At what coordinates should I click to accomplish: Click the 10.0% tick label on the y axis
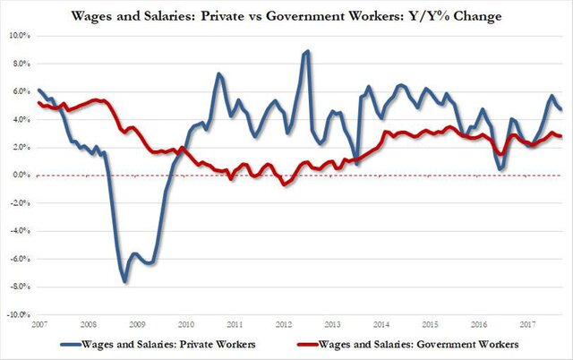(x=18, y=35)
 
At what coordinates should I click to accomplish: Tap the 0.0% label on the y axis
(x=20, y=176)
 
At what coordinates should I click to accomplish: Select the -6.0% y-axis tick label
(x=18, y=260)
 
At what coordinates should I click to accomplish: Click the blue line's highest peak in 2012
(x=308, y=51)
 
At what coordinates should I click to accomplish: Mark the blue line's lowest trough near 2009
(x=125, y=282)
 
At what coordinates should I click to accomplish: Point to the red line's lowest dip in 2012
(x=285, y=184)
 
